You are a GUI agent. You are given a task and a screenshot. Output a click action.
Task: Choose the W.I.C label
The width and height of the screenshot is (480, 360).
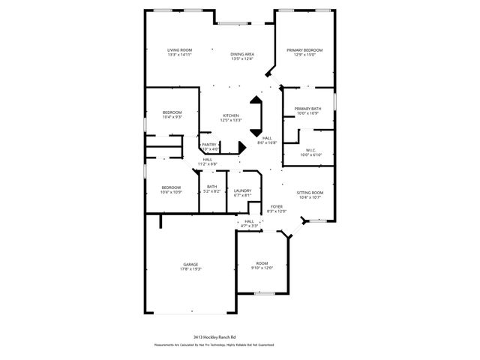[x=310, y=152]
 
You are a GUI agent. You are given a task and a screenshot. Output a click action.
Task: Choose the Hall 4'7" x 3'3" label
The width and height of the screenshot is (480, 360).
[x=250, y=223]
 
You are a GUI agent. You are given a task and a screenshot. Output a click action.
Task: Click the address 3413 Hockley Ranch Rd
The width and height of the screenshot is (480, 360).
[x=214, y=338]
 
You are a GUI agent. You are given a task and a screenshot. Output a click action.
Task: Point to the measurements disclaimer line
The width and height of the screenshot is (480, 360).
[x=214, y=345]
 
